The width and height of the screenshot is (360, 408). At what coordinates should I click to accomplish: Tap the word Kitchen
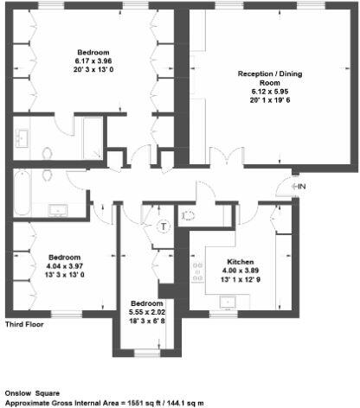click(x=240, y=261)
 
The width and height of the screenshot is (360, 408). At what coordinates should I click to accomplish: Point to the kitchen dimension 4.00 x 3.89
click(x=240, y=270)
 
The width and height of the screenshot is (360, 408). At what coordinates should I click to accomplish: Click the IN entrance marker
click(x=299, y=186)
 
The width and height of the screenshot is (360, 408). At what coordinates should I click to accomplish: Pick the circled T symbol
click(x=164, y=226)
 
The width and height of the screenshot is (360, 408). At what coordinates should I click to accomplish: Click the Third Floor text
click(x=24, y=325)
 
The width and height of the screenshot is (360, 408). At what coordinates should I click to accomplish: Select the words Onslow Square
click(x=30, y=392)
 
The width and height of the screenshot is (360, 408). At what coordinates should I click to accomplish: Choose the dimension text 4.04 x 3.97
click(x=65, y=266)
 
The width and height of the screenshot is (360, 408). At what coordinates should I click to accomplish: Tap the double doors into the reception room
click(x=222, y=158)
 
